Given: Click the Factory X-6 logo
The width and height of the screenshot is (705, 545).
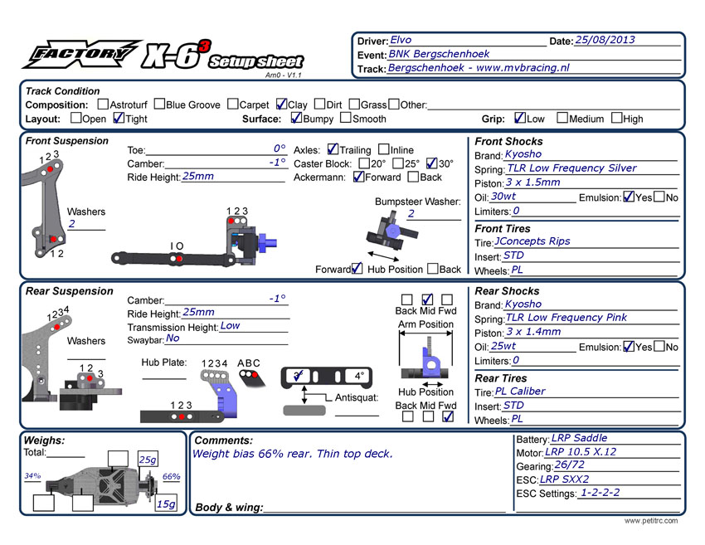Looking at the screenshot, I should point(162,56).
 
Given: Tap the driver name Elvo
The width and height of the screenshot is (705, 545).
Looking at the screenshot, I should point(401,40).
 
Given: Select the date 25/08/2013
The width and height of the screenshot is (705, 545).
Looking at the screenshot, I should point(605,40).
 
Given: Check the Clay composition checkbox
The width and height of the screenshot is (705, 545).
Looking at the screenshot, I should point(281,105).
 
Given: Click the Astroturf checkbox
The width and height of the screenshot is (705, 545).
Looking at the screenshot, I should point(103,105).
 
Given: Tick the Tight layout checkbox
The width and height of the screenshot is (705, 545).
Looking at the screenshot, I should point(118,119).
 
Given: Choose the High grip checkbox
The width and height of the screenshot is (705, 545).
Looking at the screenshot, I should point(616,119).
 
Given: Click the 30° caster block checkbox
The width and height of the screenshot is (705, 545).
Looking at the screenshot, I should point(431,163).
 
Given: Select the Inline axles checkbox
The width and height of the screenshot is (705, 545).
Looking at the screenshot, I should point(383,150).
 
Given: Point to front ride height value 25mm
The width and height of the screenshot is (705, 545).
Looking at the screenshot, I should point(198,177).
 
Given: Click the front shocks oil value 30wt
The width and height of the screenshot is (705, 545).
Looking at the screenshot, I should point(503,197).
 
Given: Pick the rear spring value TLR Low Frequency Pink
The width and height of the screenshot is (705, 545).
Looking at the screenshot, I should point(566,317).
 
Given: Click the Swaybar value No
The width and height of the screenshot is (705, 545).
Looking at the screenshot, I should point(173,338).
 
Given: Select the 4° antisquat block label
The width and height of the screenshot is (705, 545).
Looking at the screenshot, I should point(357,376).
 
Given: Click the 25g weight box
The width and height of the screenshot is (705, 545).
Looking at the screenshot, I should point(148,460).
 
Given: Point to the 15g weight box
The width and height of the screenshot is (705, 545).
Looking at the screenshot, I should point(166,504).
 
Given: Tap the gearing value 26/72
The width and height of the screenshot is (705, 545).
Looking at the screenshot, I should point(570,465).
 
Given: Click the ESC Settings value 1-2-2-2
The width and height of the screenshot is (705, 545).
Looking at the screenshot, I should point(600,493).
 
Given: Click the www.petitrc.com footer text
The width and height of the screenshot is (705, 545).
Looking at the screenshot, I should point(651,521).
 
